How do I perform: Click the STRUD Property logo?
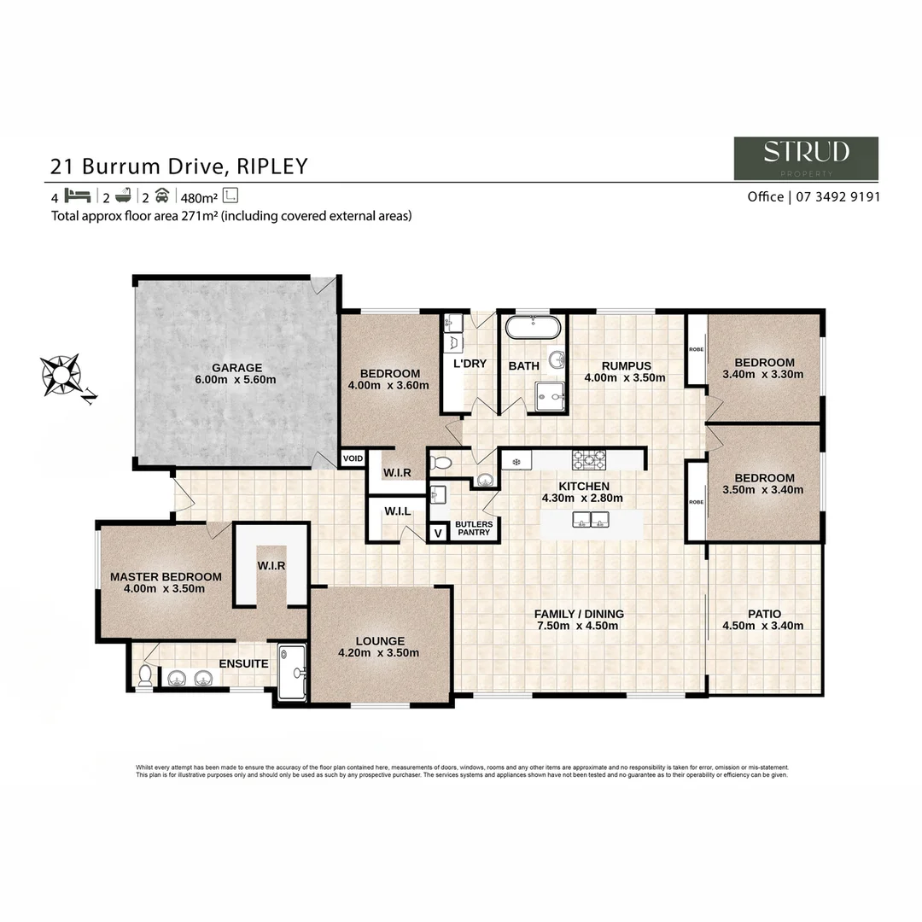(x=806, y=158)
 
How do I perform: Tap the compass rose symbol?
(x=61, y=374)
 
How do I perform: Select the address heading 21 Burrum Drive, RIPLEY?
(x=179, y=166)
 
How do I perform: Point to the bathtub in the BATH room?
(x=534, y=328)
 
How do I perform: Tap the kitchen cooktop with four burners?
(x=588, y=460)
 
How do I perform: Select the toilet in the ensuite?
(x=146, y=676)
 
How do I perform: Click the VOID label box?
(x=353, y=458)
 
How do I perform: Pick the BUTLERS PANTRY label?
(x=473, y=528)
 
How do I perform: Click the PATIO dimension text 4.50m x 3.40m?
(x=764, y=626)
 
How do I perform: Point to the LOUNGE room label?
(x=381, y=641)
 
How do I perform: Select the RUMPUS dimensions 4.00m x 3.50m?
(x=624, y=377)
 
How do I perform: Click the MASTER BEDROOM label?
(x=166, y=576)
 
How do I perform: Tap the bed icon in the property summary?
(x=77, y=195)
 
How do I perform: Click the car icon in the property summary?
(x=161, y=195)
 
